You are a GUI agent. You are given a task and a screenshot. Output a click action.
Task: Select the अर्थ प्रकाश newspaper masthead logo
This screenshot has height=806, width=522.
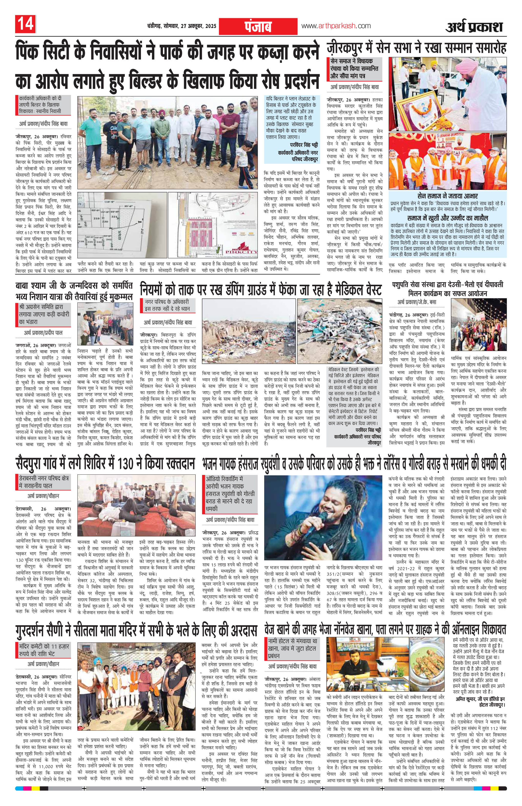[x=474, y=26]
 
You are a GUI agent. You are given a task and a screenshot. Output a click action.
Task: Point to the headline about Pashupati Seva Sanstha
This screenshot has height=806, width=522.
[x=447, y=289]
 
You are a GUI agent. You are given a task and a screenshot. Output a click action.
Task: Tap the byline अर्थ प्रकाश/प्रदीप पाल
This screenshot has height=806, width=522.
[x=43, y=333]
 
